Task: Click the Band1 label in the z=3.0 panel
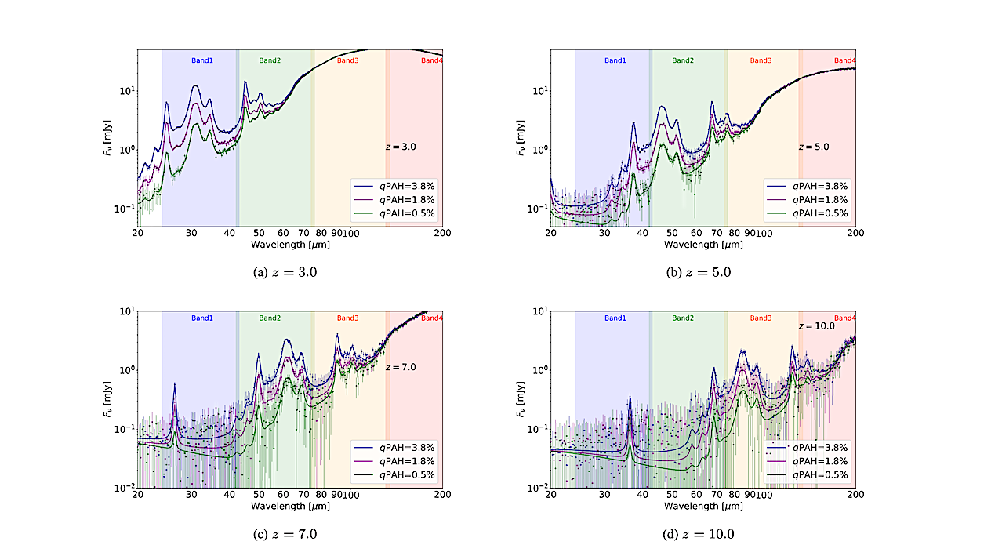(x=202, y=60)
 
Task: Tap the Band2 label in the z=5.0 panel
(x=683, y=60)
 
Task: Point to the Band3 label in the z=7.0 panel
(x=348, y=318)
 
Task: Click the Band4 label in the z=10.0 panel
(x=845, y=318)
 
